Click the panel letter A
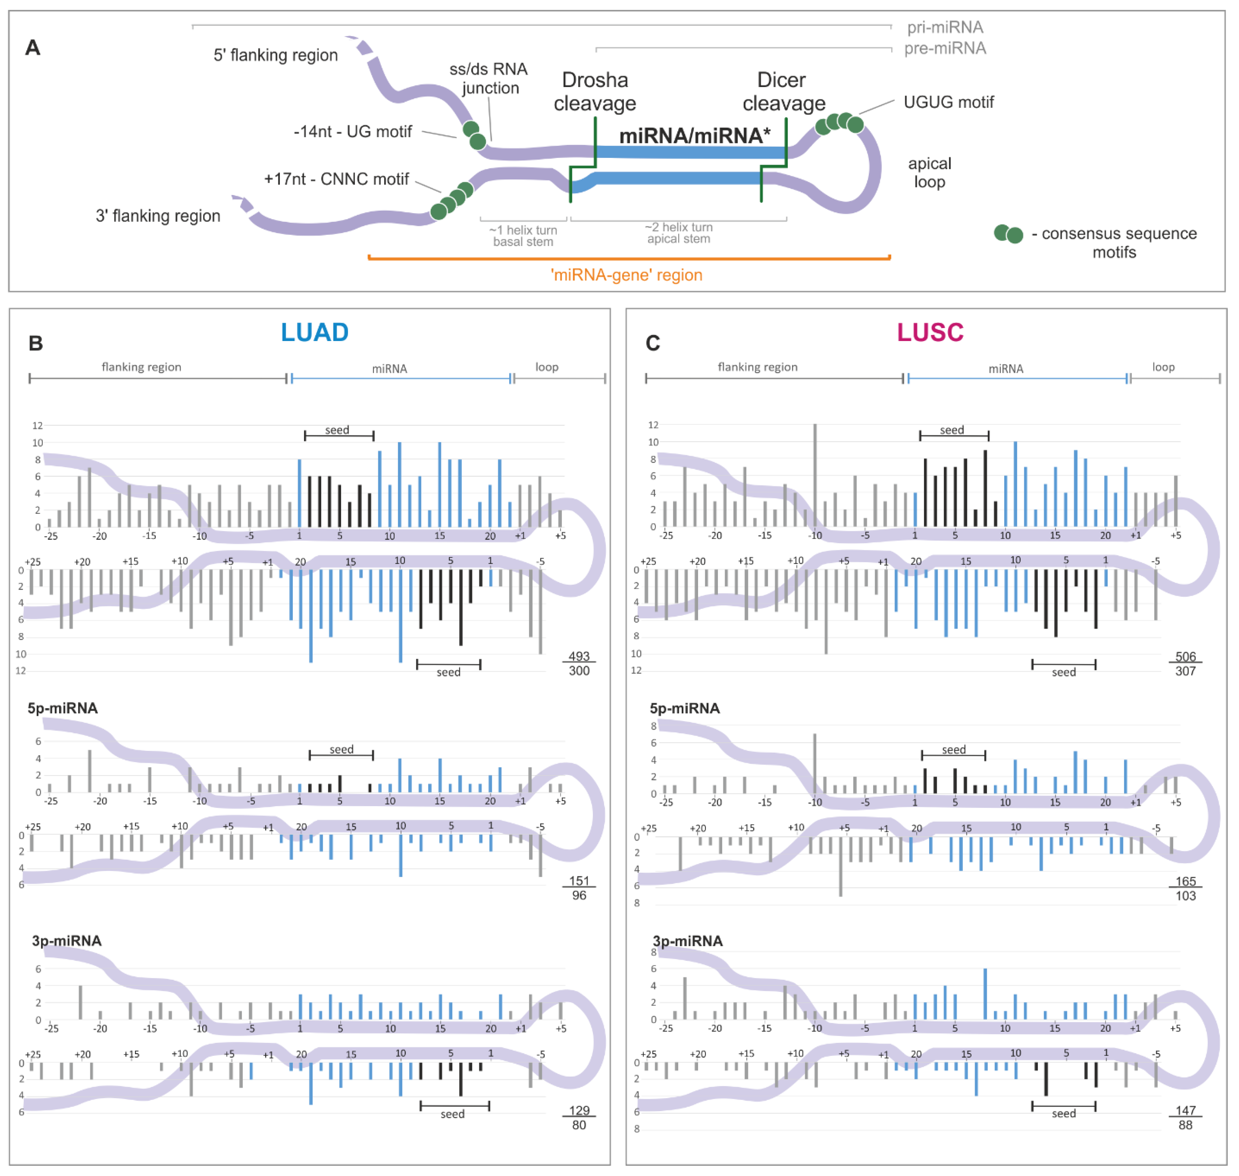tap(32, 48)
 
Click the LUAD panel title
tap(314, 332)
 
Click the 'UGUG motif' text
tap(948, 102)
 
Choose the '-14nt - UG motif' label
tap(353, 132)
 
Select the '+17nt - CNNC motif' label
tap(336, 179)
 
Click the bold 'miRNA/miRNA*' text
tap(694, 135)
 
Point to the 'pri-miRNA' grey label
tap(945, 27)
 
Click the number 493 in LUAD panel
tap(579, 656)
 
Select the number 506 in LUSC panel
tap(1185, 656)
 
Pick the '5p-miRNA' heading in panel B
tap(63, 709)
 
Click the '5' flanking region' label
tap(276, 55)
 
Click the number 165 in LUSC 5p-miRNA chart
tap(1185, 881)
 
